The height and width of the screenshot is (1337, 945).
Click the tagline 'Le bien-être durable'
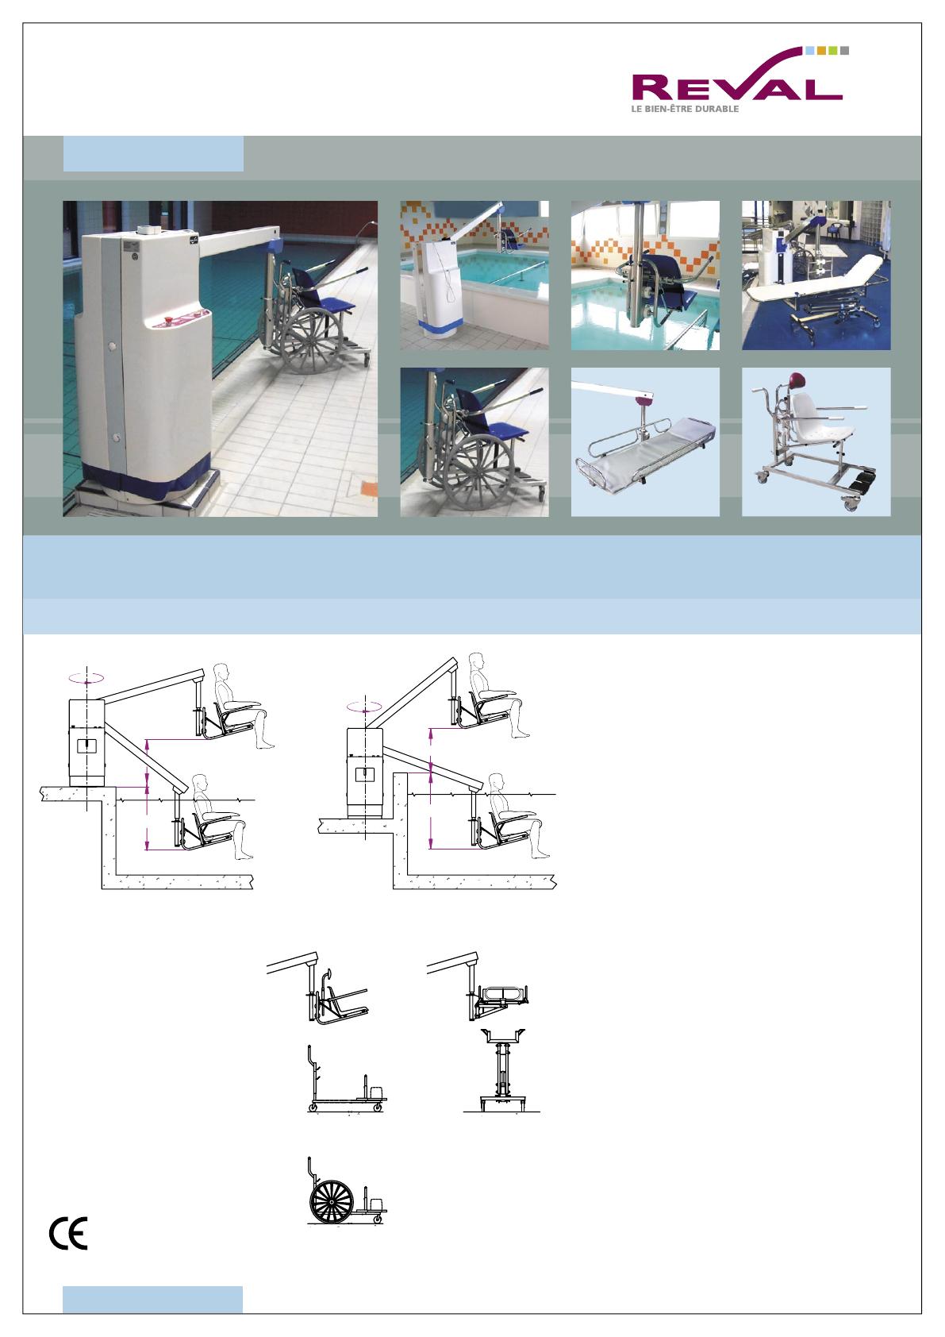pyautogui.click(x=685, y=109)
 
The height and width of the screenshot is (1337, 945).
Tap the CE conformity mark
pyautogui.click(x=68, y=1234)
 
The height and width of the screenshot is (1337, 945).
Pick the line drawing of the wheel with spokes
pyautogui.click(x=332, y=1201)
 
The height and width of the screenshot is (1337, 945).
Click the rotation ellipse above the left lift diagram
pyautogui.click(x=86, y=677)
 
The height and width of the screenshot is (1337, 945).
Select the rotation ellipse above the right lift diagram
pyautogui.click(x=364, y=707)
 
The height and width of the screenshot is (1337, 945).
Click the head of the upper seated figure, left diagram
pyautogui.click(x=221, y=672)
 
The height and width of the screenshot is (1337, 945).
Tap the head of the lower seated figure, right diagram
pyautogui.click(x=497, y=783)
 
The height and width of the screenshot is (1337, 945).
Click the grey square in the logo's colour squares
pyautogui.click(x=844, y=51)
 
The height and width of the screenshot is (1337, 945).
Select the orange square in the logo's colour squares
pyautogui.click(x=821, y=51)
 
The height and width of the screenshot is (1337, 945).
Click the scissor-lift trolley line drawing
pyautogui.click(x=502, y=1071)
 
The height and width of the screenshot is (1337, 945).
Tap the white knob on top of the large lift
pyautogui.click(x=147, y=230)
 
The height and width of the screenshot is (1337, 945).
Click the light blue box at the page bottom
pyautogui.click(x=152, y=1300)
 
